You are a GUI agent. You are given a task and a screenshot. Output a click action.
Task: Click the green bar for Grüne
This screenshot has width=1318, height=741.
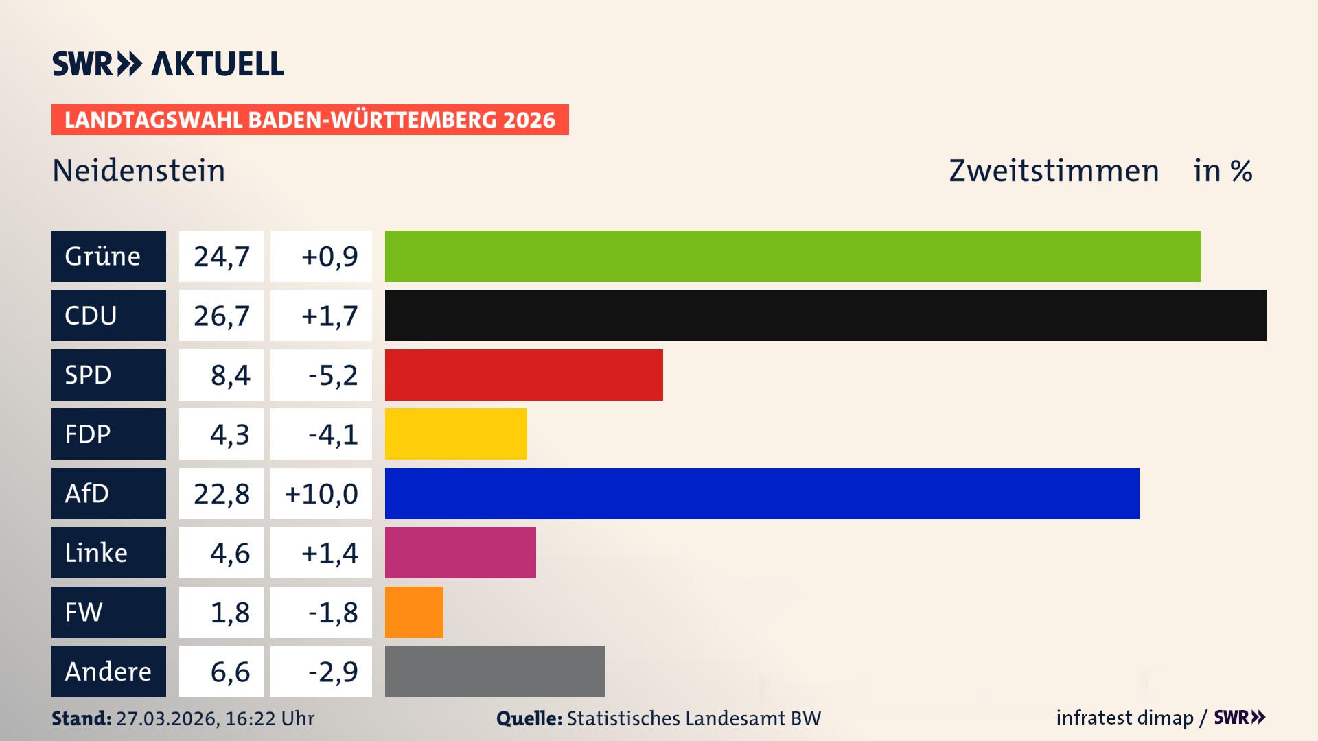click(x=793, y=256)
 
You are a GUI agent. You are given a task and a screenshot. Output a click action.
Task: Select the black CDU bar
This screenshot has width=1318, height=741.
click(x=825, y=315)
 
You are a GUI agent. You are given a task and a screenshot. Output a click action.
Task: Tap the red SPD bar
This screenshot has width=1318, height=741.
click(x=524, y=375)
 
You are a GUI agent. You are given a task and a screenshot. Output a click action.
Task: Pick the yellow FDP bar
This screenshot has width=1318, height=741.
click(x=456, y=434)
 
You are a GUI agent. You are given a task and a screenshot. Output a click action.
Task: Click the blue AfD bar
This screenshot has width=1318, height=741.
click(x=762, y=493)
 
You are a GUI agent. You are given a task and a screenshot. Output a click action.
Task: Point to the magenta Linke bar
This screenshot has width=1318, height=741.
click(x=460, y=552)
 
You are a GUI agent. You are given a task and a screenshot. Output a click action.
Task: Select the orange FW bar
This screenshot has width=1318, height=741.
click(x=414, y=612)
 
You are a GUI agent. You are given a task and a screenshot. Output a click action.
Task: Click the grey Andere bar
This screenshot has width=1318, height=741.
click(x=494, y=671)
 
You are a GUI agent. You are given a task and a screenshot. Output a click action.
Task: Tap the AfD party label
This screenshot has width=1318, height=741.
click(x=108, y=493)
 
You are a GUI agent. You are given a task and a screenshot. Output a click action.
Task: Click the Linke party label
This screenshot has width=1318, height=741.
click(x=108, y=552)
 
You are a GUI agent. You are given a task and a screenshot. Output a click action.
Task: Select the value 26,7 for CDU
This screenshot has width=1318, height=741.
click(x=221, y=316)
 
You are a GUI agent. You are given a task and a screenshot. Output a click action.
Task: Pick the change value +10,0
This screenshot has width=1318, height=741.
click(x=321, y=493)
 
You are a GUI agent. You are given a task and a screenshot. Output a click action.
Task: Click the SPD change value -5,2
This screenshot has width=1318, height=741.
click(x=321, y=375)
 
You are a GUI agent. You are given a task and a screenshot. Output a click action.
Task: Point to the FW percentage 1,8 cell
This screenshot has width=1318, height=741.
click(x=221, y=612)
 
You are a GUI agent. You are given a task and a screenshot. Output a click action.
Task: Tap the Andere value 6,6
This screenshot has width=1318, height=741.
click(x=221, y=671)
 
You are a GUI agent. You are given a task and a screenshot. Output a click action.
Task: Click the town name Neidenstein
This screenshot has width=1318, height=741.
click(x=139, y=171)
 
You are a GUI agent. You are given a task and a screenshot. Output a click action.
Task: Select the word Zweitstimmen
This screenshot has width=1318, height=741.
click(x=1054, y=171)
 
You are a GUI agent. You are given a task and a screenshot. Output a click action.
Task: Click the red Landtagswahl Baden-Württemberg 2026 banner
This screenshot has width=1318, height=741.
click(x=310, y=119)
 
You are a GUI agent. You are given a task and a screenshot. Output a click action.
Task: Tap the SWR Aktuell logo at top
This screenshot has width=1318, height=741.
click(x=168, y=64)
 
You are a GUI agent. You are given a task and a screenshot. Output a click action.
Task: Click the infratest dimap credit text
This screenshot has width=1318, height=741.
click(x=1124, y=718)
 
